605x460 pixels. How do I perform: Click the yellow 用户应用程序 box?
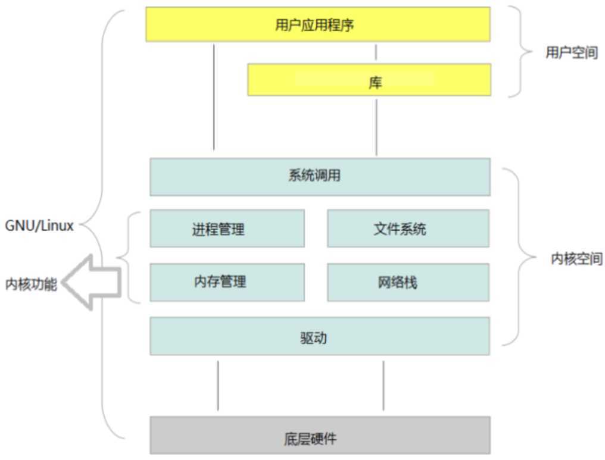click(x=318, y=24)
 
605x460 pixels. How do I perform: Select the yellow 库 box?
click(x=369, y=80)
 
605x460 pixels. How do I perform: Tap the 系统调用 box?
click(x=320, y=177)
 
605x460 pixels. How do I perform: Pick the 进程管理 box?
click(x=227, y=229)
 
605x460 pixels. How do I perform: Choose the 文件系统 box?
click(x=408, y=229)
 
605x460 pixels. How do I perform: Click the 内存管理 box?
click(x=227, y=282)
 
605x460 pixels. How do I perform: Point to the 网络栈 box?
click(x=408, y=282)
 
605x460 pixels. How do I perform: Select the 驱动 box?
click(x=320, y=336)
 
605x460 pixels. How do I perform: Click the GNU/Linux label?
click(x=39, y=226)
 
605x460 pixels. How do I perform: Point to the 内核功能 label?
click(x=31, y=284)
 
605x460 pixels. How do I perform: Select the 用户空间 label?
click(x=571, y=53)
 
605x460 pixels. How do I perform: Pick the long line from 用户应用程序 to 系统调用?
click(x=213, y=95)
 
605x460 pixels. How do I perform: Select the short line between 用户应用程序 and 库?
click(x=376, y=52)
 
